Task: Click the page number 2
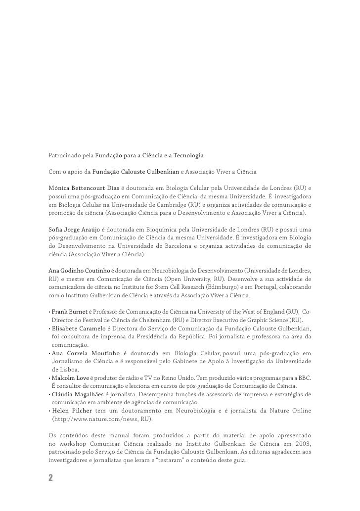(50, 479)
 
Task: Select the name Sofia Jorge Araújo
(74, 230)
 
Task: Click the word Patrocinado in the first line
(65, 156)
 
